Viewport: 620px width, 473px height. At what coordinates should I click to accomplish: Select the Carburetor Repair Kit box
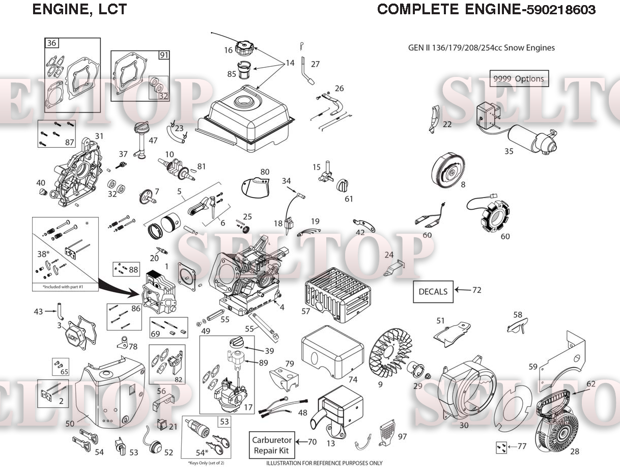272,446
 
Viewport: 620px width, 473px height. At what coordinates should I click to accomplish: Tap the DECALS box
433,292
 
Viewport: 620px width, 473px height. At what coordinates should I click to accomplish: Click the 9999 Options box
519,78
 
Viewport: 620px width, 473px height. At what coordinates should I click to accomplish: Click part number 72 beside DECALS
477,290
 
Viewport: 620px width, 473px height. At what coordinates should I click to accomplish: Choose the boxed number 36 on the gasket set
51,43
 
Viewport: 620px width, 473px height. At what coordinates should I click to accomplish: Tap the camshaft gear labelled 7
146,195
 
